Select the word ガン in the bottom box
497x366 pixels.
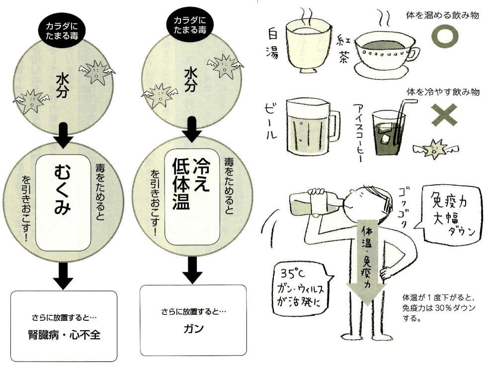point(193,329)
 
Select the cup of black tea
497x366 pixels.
point(384,55)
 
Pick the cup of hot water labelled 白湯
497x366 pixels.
point(308,45)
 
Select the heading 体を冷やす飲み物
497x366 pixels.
point(442,92)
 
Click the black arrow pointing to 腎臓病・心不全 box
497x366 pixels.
point(64,276)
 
